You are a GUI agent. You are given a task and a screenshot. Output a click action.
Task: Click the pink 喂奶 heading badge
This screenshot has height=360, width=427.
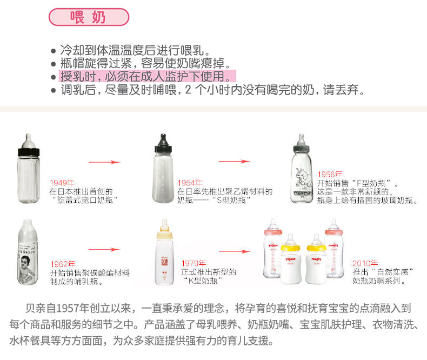pos(89,17)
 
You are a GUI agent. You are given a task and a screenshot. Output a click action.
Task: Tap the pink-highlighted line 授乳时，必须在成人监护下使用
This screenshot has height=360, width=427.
pos(148,76)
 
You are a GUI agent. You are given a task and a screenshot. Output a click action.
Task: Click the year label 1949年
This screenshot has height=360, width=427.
pos(62,183)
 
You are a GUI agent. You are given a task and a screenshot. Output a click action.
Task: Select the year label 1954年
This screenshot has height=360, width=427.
pos(190,183)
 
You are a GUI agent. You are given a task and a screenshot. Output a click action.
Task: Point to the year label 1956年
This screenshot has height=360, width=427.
pos(330,174)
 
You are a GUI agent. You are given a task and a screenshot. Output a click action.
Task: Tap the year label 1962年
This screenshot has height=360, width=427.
pos(63,264)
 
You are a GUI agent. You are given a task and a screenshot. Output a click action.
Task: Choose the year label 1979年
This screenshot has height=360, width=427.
pos(194,263)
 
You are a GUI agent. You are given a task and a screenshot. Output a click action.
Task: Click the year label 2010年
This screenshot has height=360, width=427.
pos(365,263)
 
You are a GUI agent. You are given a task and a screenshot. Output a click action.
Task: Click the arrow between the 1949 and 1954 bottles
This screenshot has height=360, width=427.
pos(104,162)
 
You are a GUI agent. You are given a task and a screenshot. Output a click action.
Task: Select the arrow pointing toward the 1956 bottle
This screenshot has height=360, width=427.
pos(235,161)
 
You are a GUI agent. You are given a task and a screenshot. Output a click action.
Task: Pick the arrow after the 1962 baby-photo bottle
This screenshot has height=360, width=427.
pos(104,249)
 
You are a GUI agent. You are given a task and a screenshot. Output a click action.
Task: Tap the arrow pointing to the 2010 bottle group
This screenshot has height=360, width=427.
pos(235,251)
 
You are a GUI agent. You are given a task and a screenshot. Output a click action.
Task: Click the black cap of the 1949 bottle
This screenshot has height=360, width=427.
pos(29,152)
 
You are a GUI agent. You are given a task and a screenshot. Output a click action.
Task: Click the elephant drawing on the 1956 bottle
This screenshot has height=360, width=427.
pos(303,177)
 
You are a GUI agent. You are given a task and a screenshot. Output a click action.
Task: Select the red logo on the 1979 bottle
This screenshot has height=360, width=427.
pos(164,262)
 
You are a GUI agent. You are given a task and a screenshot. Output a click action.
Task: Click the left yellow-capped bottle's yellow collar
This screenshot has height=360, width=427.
pos(290,248)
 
